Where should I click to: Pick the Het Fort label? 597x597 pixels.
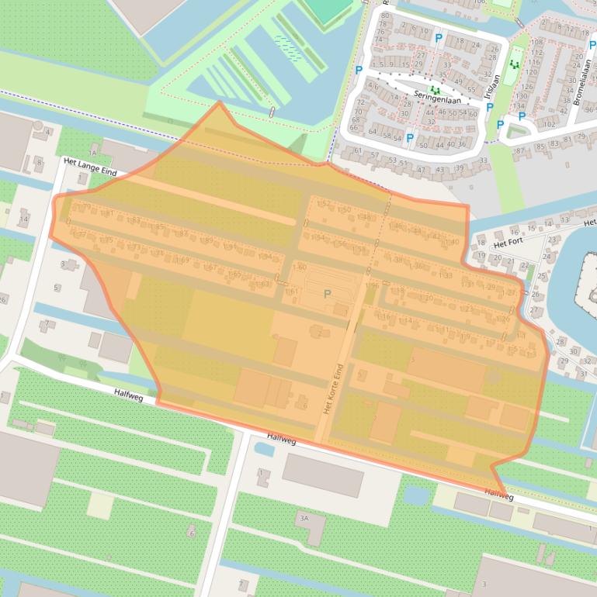point(510,243)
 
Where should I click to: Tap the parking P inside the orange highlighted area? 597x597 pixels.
point(327,294)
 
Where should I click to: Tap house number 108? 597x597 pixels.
point(536,41)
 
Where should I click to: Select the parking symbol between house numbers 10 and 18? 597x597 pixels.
point(439,38)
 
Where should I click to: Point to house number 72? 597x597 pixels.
point(360,102)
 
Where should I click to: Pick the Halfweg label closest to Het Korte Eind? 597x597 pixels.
point(282,439)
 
